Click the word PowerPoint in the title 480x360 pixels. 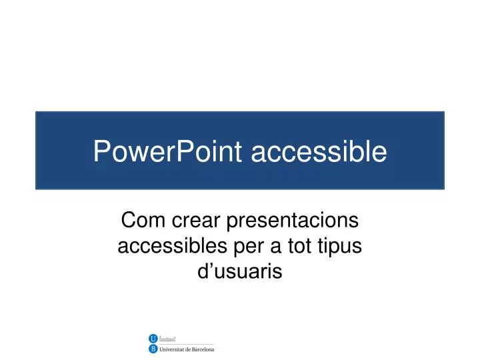[169, 151]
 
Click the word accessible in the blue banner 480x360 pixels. [319, 151]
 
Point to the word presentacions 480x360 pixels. [293, 221]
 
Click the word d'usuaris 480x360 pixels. [241, 271]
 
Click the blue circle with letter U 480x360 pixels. [153, 339]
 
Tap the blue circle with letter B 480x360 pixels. [153, 349]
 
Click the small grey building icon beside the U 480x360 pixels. [167, 339]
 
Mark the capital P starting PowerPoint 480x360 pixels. [101, 151]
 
